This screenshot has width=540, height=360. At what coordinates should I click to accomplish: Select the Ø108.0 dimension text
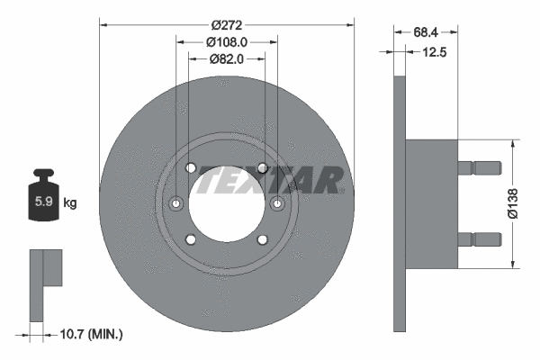tap(227, 41)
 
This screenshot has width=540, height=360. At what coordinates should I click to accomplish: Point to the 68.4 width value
tap(427, 31)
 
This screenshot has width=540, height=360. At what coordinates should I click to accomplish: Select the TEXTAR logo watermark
tap(270, 180)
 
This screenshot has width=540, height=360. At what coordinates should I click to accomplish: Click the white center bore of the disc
tap(226, 203)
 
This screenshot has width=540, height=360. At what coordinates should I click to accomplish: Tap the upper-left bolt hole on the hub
tap(190, 168)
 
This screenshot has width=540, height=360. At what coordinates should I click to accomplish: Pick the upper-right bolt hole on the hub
tap(262, 168)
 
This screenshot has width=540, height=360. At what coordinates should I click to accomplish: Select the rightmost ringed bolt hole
tap(277, 203)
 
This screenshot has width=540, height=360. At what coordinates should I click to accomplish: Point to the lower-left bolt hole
tap(190, 238)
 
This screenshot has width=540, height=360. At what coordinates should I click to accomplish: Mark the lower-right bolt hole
tap(262, 238)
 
